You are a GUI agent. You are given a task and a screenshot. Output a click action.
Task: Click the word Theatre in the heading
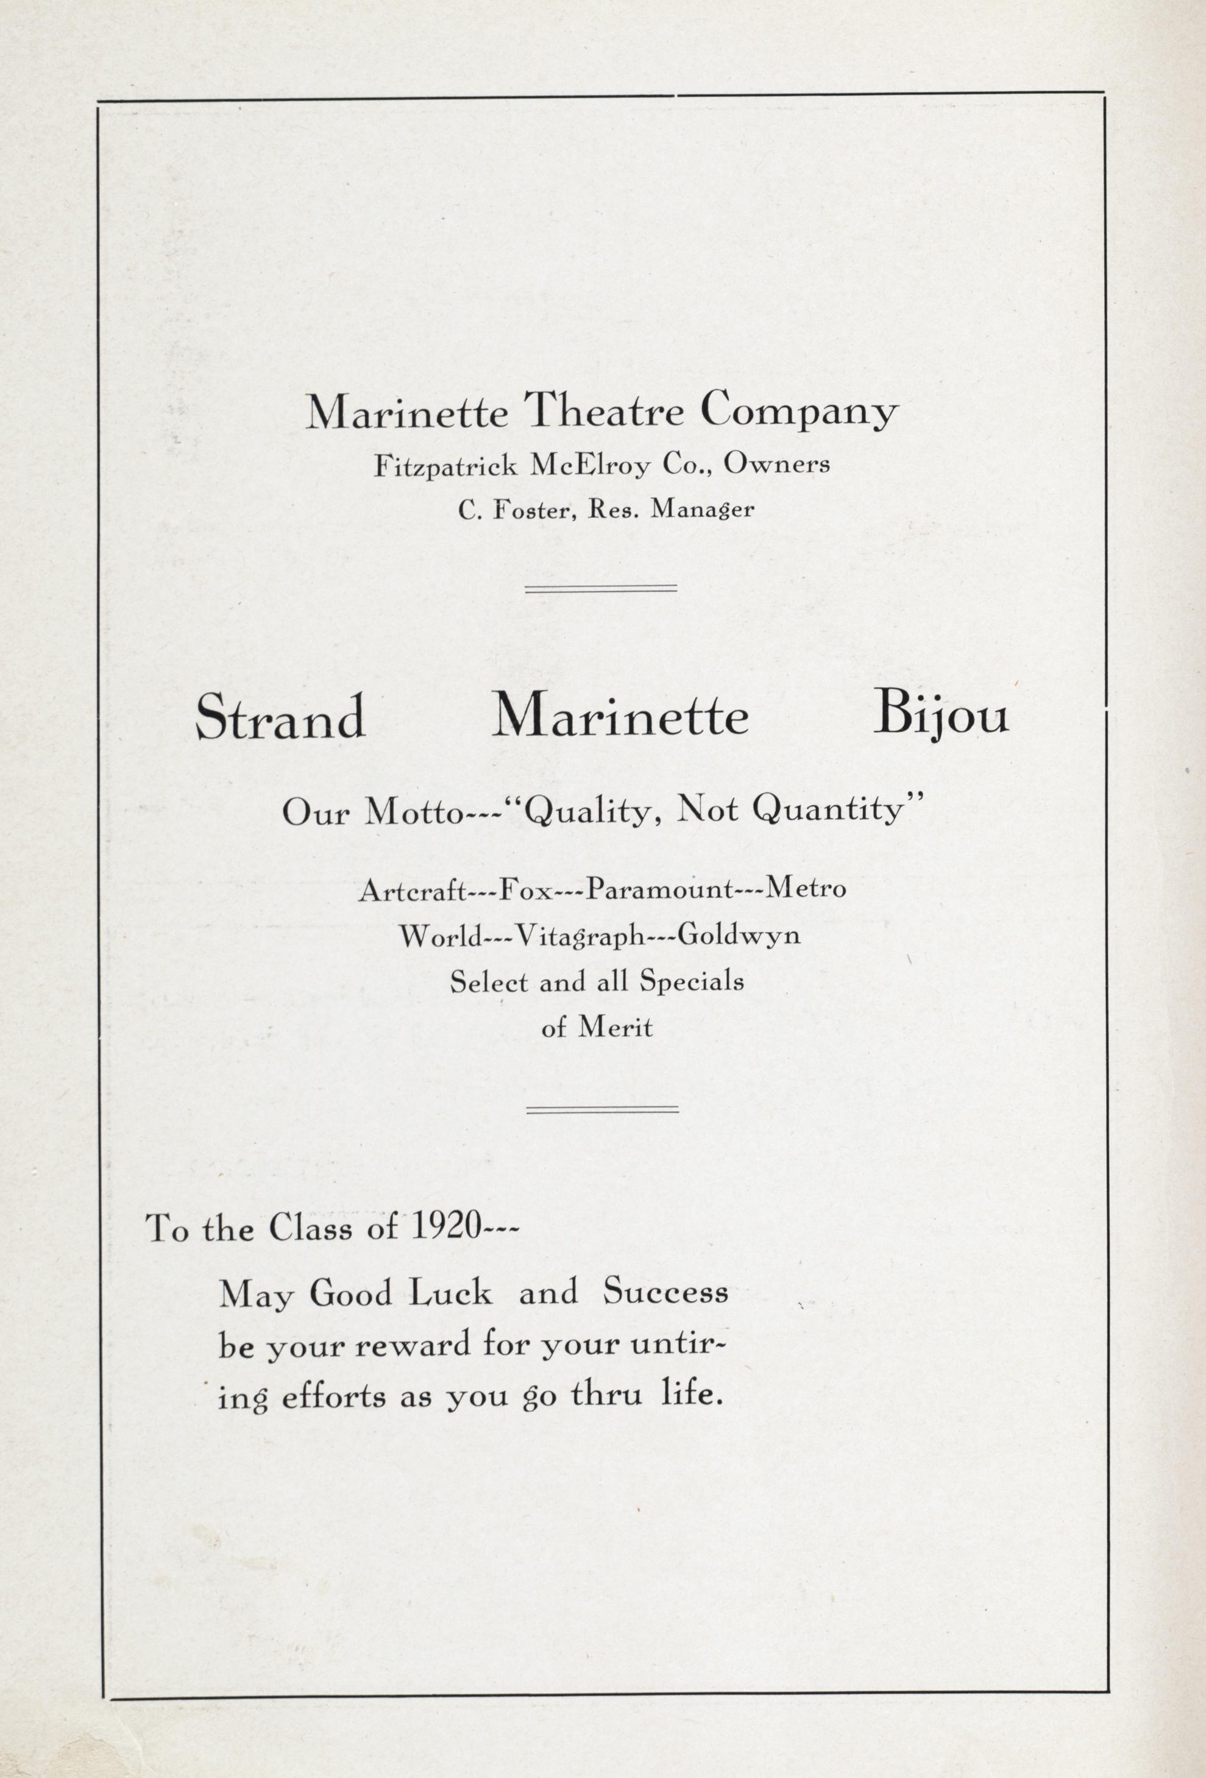(608, 413)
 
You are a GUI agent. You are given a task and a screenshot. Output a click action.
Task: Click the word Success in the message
(665, 1292)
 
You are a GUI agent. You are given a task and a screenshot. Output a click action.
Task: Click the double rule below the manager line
(601, 588)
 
